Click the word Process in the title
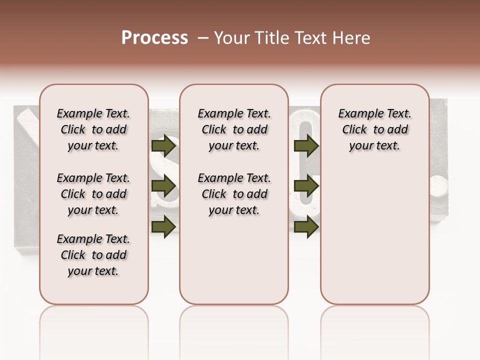[154, 38]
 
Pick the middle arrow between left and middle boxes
[163, 186]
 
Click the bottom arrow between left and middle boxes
[163, 226]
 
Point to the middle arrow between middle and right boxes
[306, 186]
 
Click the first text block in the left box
[93, 129]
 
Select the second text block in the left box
[93, 194]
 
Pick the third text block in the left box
[93, 255]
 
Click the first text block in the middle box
[234, 129]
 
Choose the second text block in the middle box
[234, 194]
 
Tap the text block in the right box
[375, 129]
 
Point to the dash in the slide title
[203, 38]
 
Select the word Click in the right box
[354, 130]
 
